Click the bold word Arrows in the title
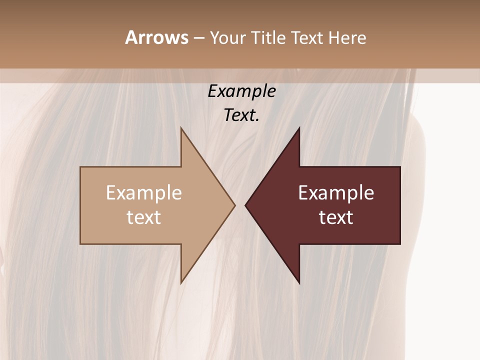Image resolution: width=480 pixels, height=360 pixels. tap(156, 37)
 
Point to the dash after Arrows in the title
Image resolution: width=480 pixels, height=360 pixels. tap(198, 38)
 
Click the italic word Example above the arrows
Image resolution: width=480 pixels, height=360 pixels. tap(241, 91)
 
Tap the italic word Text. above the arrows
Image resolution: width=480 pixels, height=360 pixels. tap(241, 115)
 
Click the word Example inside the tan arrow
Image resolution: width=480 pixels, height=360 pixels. tap(144, 193)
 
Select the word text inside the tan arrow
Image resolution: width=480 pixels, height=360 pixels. tap(144, 217)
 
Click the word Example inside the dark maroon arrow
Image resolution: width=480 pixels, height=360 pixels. tap(336, 193)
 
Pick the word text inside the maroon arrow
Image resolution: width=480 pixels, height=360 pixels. tap(336, 217)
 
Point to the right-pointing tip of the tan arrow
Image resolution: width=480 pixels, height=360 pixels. tap(235, 205)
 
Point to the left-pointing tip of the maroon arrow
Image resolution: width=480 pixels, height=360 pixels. tap(245, 205)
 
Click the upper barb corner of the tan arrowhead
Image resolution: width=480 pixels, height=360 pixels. tap(181, 128)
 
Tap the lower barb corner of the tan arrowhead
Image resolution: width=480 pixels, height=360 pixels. tap(181, 283)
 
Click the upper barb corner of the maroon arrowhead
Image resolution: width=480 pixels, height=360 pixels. tap(299, 128)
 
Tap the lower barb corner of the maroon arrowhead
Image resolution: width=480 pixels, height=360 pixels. tap(299, 283)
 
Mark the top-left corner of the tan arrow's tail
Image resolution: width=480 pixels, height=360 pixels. tap(80, 167)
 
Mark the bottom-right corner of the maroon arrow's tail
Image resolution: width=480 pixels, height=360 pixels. tap(400, 244)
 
